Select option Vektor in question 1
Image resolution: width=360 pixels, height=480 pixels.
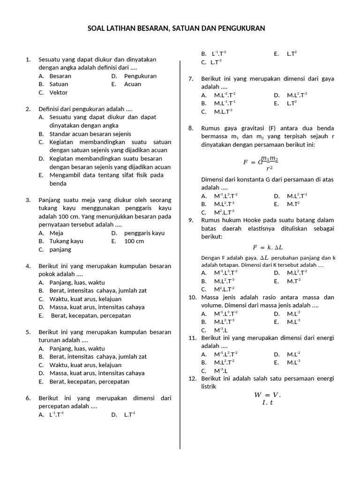pyautogui.click(x=59, y=93)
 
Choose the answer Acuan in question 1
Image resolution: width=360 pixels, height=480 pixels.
pyautogui.click(x=132, y=84)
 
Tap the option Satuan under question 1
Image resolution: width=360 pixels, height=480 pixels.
pyautogui.click(x=59, y=84)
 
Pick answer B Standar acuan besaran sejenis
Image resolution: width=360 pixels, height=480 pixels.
pyautogui.click(x=90, y=134)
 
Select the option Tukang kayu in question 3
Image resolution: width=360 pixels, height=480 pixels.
pyautogui.click(x=67, y=241)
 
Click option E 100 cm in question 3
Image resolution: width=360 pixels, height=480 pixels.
pyautogui.click(x=134, y=241)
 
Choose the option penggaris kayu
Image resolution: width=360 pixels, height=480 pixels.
pyautogui.click(x=144, y=233)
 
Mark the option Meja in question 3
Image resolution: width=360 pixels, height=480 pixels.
pyautogui.click(x=56, y=233)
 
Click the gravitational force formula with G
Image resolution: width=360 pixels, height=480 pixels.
pyautogui.click(x=260, y=163)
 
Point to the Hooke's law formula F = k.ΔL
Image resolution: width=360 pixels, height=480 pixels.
pyautogui.click(x=268, y=247)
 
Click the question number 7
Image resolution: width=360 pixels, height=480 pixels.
pyautogui.click(x=191, y=79)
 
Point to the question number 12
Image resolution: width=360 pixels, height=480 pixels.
pyautogui.click(x=192, y=378)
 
